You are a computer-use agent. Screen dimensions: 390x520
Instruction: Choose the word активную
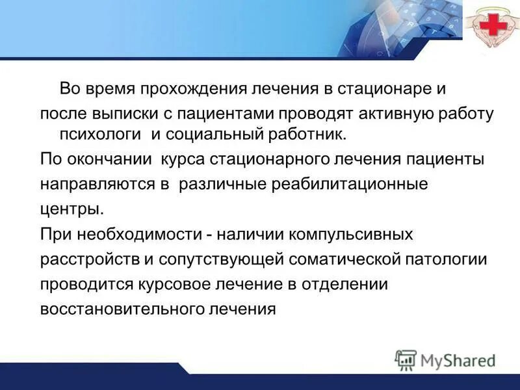(x=387, y=114)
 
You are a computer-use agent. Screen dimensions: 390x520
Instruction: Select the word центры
(x=71, y=210)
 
